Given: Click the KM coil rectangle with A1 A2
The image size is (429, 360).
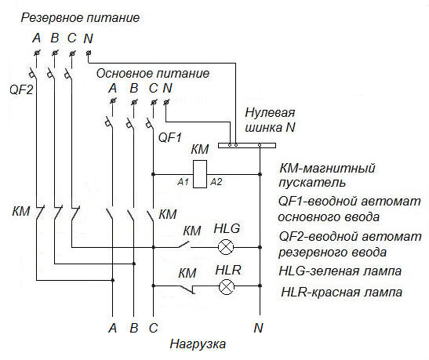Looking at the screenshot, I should click(x=200, y=173).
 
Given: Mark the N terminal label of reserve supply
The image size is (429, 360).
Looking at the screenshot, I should click(x=88, y=38).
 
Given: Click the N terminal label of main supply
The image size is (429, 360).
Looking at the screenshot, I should click(x=167, y=88).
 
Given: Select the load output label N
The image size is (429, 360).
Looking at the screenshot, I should click(x=258, y=327).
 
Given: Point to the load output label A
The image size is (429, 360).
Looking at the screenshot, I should click(x=112, y=327).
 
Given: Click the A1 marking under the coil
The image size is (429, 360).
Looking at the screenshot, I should click(x=184, y=182).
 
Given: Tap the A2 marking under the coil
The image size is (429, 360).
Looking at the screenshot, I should click(x=216, y=182).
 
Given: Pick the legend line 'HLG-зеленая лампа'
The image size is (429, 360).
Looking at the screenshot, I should click(x=340, y=271).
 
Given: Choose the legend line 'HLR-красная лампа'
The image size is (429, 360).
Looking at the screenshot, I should click(x=342, y=292).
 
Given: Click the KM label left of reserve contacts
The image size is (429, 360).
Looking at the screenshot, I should click(x=21, y=212).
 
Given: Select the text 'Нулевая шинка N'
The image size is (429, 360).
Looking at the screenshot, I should click(x=267, y=121).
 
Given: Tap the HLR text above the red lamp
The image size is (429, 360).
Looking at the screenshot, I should click(x=227, y=269).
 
